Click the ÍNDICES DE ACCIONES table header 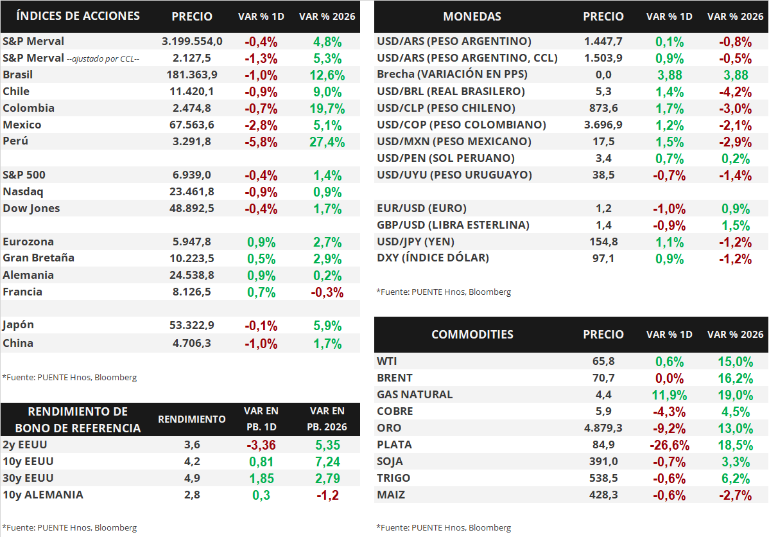tap(78, 15)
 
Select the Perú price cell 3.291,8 tap(192, 141)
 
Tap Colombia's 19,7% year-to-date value tap(327, 108)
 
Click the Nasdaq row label tap(23, 191)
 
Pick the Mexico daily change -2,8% tap(261, 125)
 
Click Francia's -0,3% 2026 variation tap(327, 292)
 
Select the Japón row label tap(18, 326)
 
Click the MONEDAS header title tap(472, 17)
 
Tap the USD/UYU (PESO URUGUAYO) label tap(454, 175)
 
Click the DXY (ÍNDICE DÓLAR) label tap(433, 258)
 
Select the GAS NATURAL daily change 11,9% tap(669, 395)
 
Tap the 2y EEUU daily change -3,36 tap(261, 445)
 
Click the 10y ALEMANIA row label tap(43, 495)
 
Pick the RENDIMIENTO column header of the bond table tap(192, 419)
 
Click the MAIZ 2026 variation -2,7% tap(735, 495)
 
